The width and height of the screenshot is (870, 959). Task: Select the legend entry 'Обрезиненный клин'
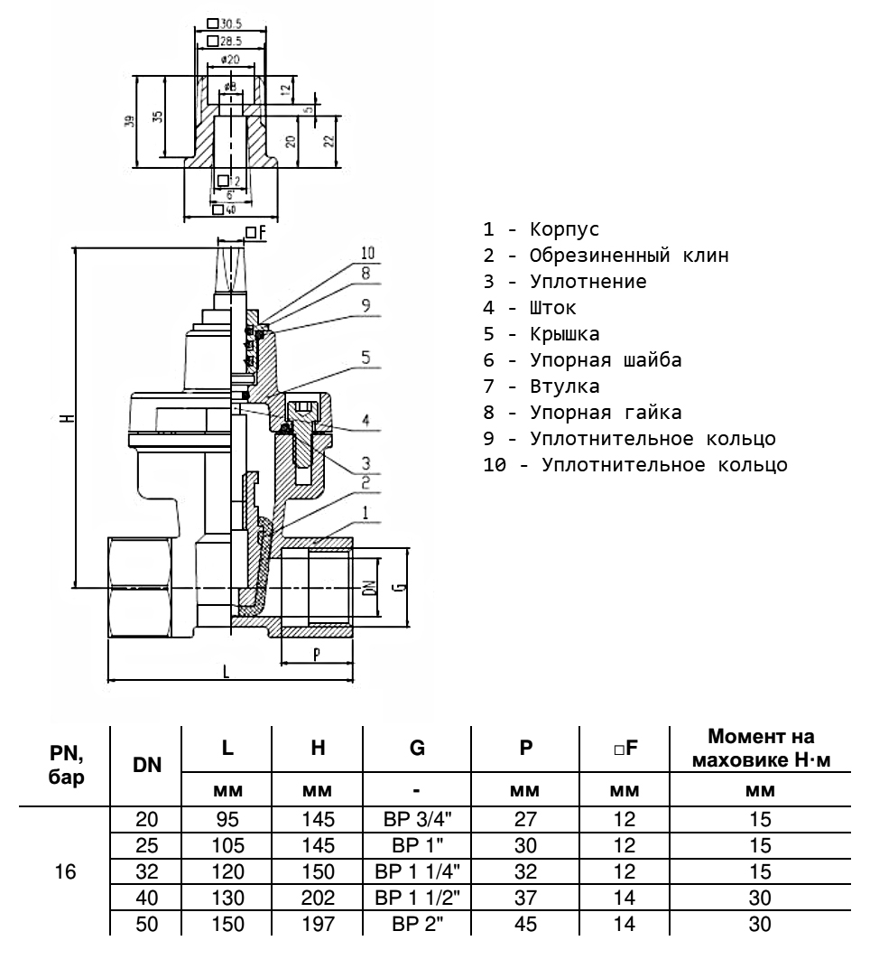point(628,256)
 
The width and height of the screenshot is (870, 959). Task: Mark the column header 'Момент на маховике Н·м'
point(760,749)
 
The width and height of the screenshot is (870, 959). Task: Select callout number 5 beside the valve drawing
point(366,357)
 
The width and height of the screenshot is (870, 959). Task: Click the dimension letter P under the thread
point(316,655)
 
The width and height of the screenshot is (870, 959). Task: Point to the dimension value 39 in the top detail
point(130,120)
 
